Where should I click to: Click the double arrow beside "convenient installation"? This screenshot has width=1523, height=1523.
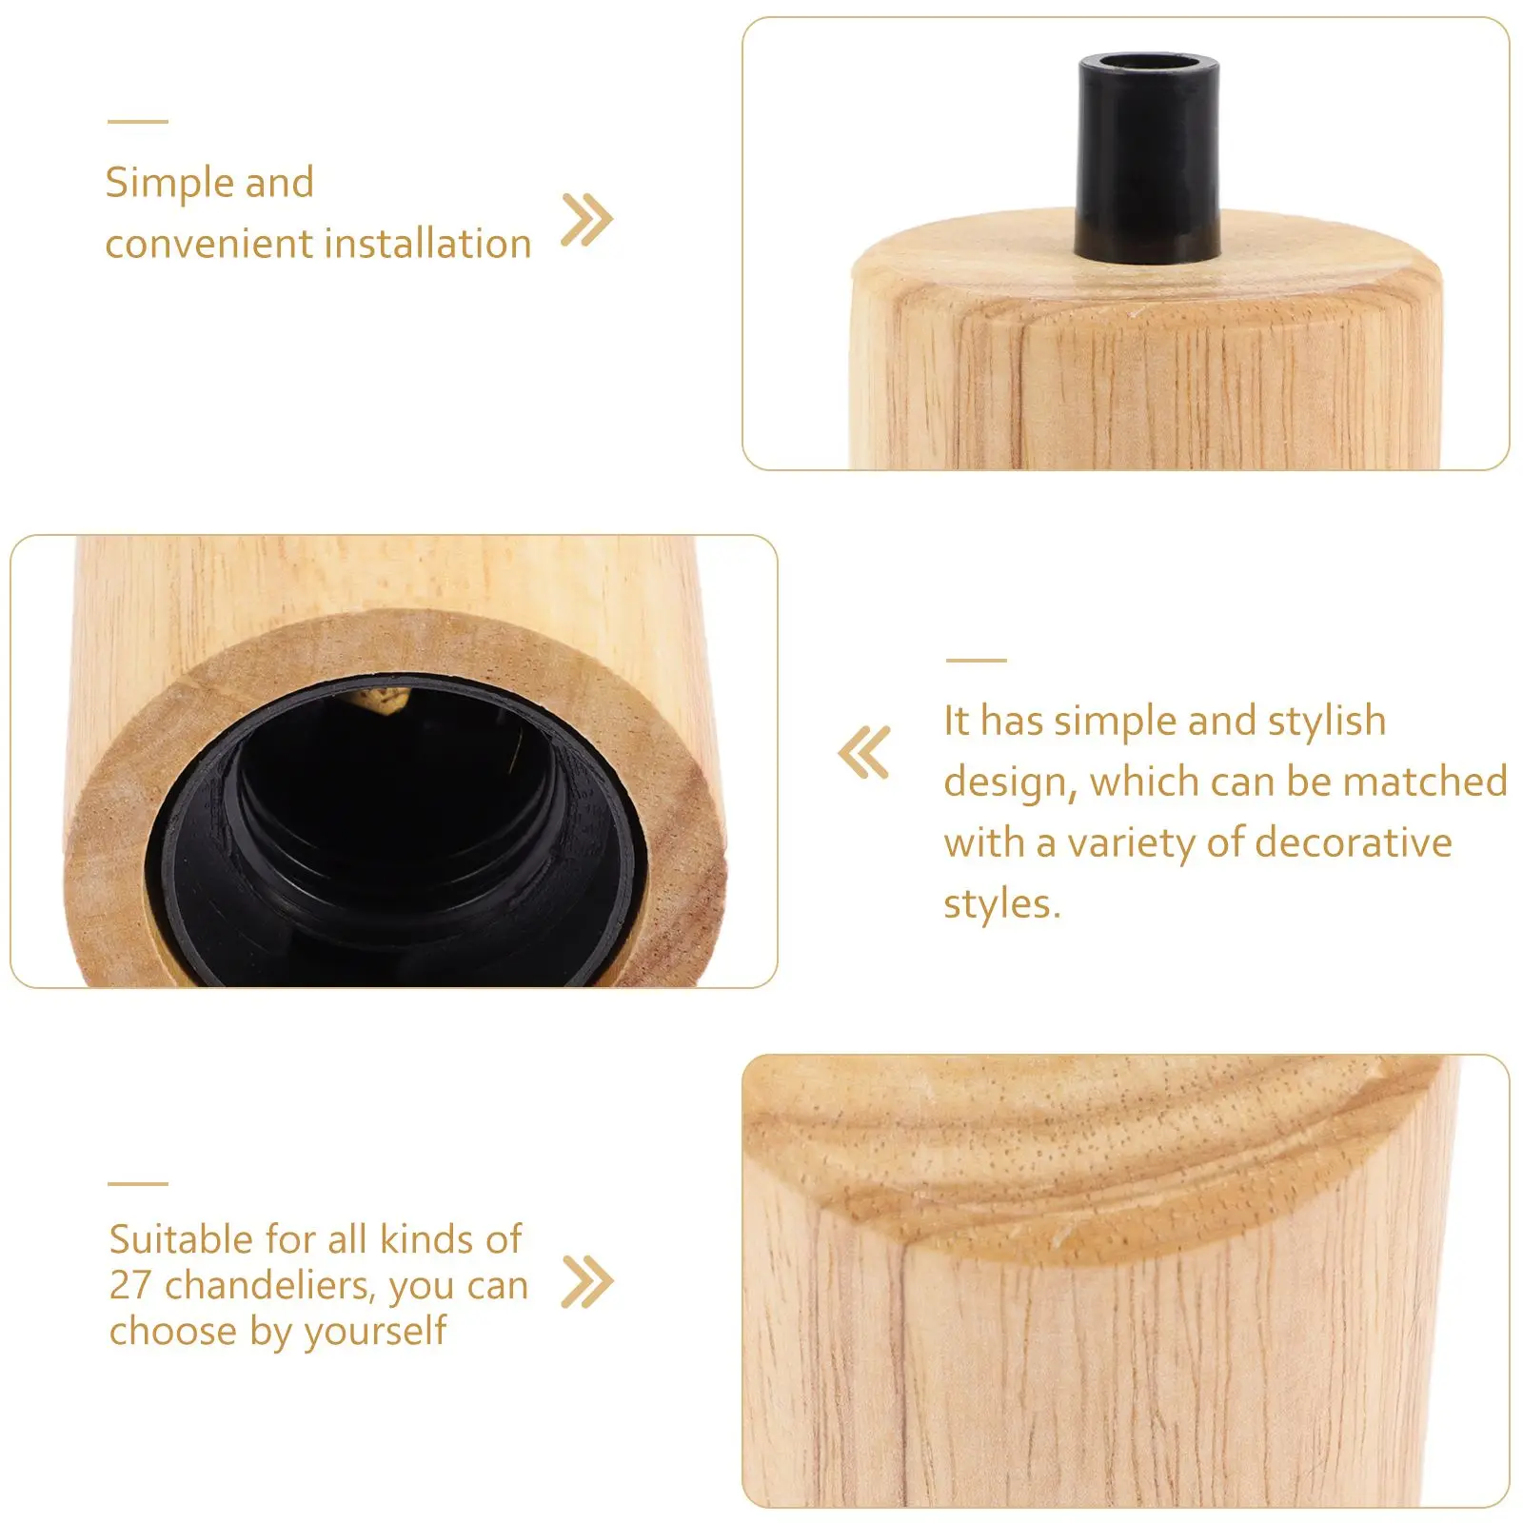586,220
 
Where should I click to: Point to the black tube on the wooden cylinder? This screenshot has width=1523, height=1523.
1148,162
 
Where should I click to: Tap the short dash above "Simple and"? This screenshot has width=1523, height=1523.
137,122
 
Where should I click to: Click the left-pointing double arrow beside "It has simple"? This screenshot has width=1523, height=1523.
864,752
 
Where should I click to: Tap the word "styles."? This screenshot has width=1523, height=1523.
1001,903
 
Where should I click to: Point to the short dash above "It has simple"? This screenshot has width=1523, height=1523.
976,660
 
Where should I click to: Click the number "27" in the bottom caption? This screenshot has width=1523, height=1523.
130,1285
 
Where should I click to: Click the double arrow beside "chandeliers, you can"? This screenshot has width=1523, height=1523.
587,1281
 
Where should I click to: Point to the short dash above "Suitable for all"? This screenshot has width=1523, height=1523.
137,1184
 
